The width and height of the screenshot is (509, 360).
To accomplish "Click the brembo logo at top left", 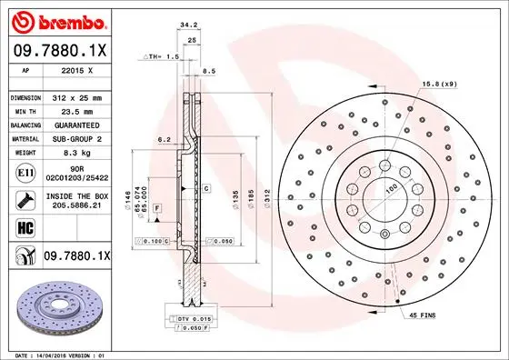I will click(58, 19).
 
